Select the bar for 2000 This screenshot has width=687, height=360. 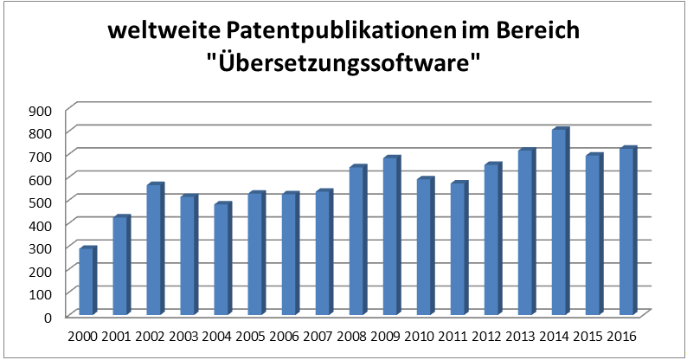coord(87,281)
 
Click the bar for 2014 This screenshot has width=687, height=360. coord(559,222)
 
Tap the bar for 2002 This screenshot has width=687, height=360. coord(154,250)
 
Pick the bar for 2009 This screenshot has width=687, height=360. coord(390,236)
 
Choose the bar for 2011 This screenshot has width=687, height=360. coord(458,249)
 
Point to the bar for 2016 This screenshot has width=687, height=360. coord(626,232)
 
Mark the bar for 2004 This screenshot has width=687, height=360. coord(222,260)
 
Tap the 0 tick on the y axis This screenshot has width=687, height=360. coord(49,317)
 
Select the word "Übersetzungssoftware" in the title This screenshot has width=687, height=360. coord(343,65)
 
